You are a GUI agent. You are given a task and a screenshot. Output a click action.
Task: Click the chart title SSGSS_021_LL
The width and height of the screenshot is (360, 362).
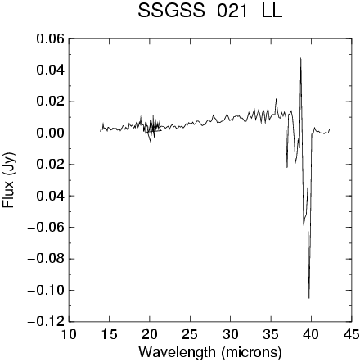(209, 12)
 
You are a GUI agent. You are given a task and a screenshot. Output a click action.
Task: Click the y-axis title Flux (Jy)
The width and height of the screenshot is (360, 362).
(8, 180)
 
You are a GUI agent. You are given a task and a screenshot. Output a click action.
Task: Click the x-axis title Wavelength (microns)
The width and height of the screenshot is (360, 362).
(210, 352)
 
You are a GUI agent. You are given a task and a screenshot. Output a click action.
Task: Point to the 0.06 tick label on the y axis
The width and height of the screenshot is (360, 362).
(50, 39)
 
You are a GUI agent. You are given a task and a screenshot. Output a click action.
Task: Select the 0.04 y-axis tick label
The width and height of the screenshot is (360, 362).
(50, 70)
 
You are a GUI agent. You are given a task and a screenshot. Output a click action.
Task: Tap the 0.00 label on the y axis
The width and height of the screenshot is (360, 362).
(50, 133)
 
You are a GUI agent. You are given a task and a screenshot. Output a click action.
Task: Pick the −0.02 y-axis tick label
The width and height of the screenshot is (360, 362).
(46, 165)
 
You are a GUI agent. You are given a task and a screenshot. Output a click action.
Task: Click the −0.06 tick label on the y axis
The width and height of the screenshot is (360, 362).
(46, 228)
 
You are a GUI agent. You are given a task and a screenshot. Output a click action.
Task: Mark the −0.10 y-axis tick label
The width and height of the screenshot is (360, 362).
(46, 290)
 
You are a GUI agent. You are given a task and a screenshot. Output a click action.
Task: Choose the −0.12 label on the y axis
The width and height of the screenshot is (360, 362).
(46, 322)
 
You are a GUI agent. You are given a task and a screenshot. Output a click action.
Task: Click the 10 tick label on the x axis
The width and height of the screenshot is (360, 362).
(69, 334)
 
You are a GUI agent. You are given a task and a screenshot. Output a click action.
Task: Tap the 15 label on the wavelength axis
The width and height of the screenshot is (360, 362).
(109, 334)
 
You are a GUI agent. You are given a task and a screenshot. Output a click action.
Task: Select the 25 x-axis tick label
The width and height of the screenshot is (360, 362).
(190, 334)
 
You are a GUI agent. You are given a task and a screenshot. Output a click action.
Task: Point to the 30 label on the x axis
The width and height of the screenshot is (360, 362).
(230, 334)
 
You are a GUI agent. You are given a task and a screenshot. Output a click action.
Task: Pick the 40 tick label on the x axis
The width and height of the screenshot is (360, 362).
(311, 334)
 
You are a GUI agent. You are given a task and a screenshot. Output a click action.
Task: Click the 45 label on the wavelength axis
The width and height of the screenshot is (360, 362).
(351, 334)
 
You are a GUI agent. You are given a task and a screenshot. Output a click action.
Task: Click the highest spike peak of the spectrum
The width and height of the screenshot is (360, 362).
(301, 58)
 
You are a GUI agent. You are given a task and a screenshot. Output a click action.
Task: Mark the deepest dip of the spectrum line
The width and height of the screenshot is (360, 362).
(309, 298)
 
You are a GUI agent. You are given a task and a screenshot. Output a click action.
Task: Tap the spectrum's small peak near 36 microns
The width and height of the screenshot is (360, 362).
(276, 99)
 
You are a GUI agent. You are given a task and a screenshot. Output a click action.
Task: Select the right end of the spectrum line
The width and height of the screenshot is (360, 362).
(330, 129)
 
